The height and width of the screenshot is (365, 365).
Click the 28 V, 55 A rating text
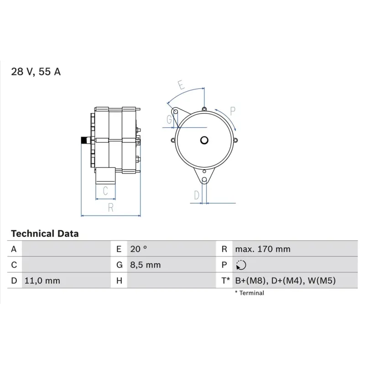coord(36,72)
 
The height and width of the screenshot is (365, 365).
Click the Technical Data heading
coord(45,234)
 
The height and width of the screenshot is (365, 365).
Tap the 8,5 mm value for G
coord(145,265)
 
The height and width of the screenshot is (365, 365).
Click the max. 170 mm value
coord(262,249)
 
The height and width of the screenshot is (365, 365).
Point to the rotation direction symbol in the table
coord(241,265)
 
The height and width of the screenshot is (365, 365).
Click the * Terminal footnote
coord(249,293)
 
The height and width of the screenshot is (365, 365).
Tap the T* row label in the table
coord(226,281)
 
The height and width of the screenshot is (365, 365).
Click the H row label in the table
coord(119,281)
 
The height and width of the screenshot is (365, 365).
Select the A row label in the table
coord(14,249)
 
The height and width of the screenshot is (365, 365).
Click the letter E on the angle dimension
coord(180,85)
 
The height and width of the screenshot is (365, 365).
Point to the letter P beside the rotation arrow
coord(232,110)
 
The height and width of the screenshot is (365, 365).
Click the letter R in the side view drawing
coord(110,208)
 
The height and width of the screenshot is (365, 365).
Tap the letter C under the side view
coord(105,191)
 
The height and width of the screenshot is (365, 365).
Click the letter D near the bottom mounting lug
coord(197,195)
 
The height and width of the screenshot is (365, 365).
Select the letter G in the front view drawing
coord(169,120)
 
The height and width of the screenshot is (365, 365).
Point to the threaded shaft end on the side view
coord(84,140)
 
